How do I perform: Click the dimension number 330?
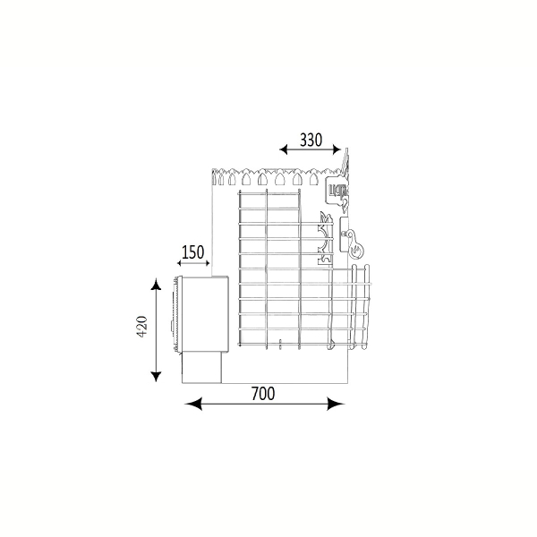(311, 140)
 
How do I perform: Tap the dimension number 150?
(192, 252)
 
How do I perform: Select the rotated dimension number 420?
(142, 327)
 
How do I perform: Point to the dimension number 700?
(263, 394)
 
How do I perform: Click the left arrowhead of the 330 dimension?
(284, 149)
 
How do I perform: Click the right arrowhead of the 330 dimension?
(337, 149)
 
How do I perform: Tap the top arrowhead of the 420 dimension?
(156, 284)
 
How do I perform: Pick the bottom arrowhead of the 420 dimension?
(156, 376)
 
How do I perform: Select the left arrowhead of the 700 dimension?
(193, 404)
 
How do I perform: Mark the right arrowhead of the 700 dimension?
(336, 404)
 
